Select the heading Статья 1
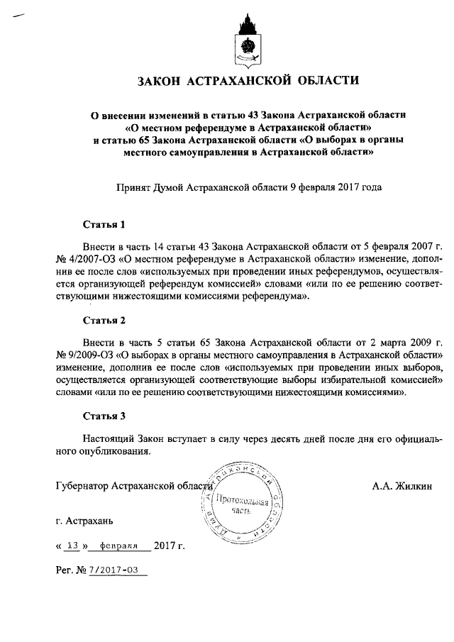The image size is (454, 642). [x=104, y=225]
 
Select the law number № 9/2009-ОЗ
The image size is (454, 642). [x=85, y=353]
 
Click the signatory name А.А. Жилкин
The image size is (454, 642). [x=402, y=486]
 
